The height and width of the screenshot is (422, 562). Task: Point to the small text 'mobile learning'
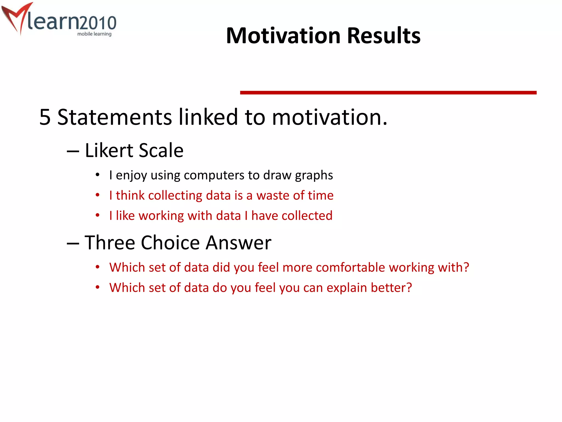(94, 34)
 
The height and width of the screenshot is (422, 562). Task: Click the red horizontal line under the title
(388, 93)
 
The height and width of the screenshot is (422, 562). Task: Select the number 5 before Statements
(45, 117)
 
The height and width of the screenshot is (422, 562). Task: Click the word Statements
(114, 117)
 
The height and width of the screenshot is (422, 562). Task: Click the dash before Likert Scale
(73, 151)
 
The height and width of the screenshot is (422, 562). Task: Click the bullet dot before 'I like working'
(97, 215)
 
